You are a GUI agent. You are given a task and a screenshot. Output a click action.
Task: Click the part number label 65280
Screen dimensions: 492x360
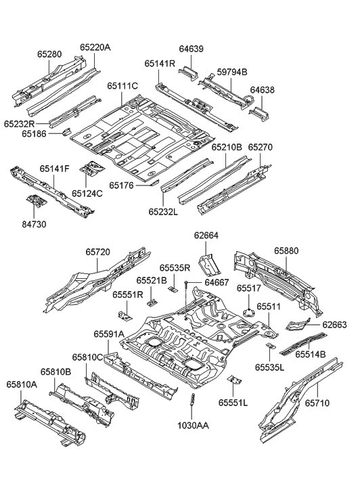pyautogui.click(x=48, y=51)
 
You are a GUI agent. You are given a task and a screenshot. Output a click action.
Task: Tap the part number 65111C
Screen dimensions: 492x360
pyautogui.click(x=122, y=86)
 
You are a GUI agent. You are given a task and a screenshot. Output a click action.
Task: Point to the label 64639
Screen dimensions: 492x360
pyautogui.click(x=191, y=49)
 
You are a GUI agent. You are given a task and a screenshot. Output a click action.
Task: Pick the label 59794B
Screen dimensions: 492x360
pyautogui.click(x=231, y=72)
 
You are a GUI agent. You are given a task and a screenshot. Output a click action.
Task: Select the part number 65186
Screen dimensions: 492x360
pyautogui.click(x=34, y=134)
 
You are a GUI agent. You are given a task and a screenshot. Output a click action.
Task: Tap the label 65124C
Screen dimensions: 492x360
pyautogui.click(x=87, y=193)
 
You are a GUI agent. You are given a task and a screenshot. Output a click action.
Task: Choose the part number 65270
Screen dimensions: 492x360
pyautogui.click(x=260, y=146)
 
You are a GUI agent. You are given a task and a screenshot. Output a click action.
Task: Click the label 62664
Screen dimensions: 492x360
pyautogui.click(x=207, y=236)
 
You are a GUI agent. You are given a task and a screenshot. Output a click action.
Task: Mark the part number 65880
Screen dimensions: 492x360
pyautogui.click(x=286, y=250)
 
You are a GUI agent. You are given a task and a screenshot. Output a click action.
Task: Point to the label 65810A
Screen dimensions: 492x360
pyautogui.click(x=22, y=384)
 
